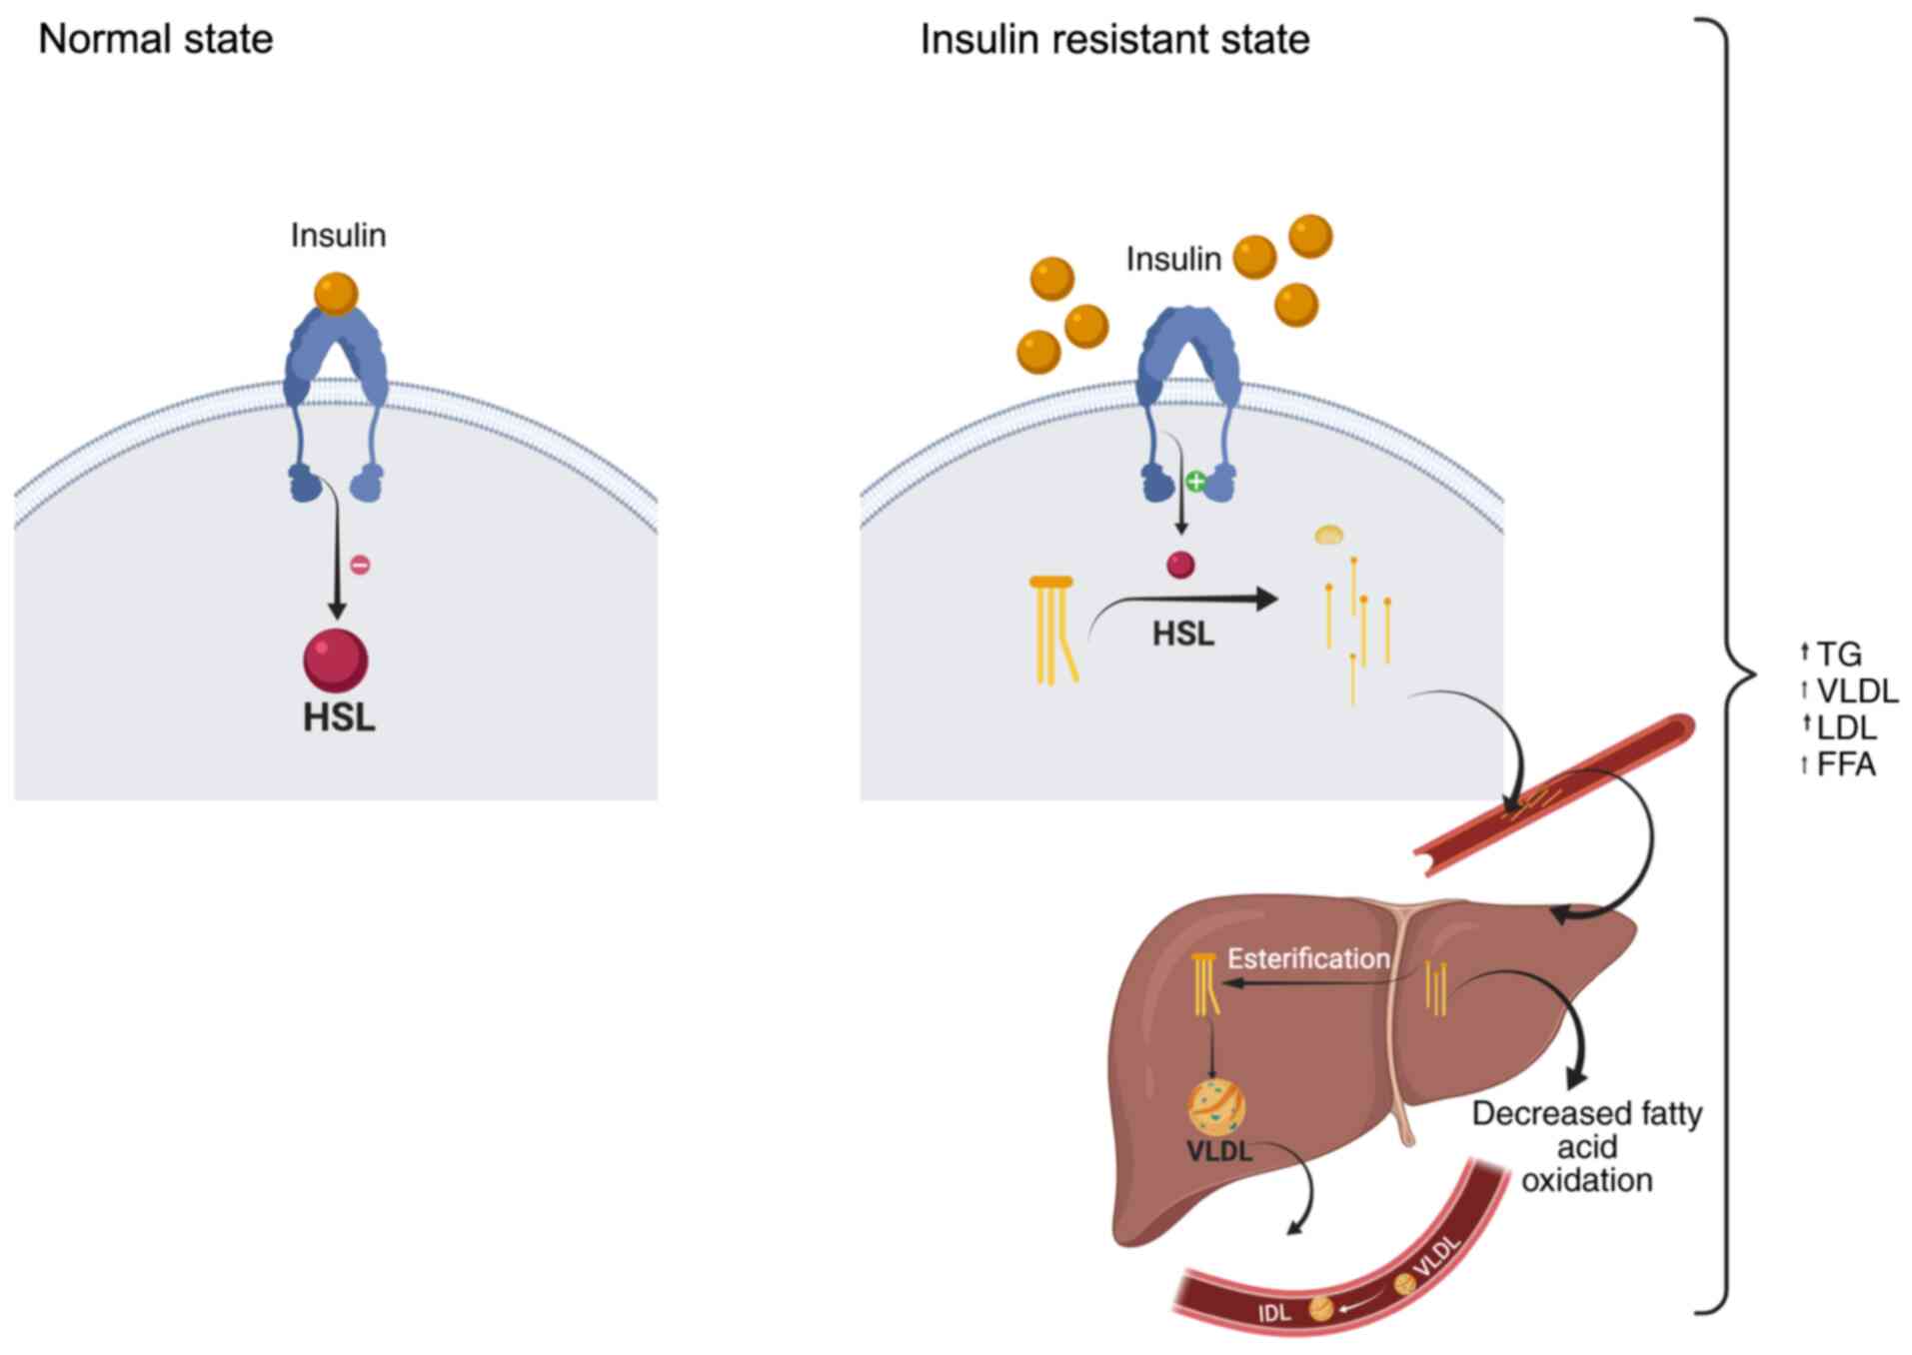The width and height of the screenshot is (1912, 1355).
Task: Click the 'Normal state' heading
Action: point(155,40)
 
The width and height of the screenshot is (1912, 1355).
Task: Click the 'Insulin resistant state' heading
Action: point(1114,40)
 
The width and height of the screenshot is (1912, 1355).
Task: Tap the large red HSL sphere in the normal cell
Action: point(336,660)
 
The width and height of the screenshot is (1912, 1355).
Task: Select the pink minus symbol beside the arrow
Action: point(360,566)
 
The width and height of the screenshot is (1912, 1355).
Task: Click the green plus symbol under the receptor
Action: point(1195,482)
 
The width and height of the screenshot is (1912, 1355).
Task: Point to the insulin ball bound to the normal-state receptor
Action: point(336,294)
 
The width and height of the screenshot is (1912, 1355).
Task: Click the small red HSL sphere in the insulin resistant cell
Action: point(1180,565)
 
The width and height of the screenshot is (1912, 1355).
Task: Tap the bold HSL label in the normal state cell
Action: point(339,717)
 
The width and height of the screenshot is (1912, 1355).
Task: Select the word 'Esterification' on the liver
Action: point(1308,958)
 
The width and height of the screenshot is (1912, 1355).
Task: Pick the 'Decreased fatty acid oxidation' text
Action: point(1587,1146)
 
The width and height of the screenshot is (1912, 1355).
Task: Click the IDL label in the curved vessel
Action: point(1274,1312)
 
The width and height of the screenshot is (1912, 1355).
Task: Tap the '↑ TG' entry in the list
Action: point(1831,654)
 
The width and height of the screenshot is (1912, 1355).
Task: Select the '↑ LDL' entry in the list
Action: point(1838,727)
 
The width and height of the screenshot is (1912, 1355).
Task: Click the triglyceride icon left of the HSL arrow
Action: point(1053,630)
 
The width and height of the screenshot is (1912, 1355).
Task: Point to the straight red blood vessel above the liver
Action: point(1555,795)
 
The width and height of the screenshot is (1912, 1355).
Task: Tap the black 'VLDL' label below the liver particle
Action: point(1219,1152)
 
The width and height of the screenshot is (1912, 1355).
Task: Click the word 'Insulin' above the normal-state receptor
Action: point(338,235)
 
